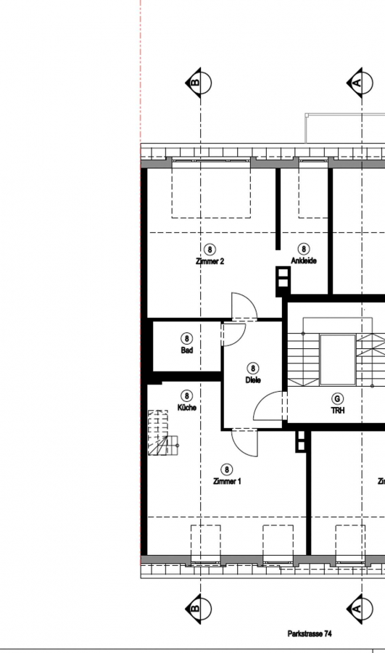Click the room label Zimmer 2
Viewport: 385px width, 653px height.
coord(210,261)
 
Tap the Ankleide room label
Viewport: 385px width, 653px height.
coord(304,260)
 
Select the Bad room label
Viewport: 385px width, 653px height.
coord(187,350)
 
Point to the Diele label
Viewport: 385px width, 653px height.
coord(253,379)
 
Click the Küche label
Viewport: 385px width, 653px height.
coord(187,407)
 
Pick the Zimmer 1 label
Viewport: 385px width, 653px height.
coord(227,482)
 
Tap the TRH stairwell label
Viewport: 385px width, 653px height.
coord(338,411)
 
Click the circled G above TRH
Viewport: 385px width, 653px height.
coord(337,399)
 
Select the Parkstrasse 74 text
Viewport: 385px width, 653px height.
coord(310,633)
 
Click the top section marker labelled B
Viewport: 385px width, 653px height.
coord(199,83)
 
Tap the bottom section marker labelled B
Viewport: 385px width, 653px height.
coord(199,609)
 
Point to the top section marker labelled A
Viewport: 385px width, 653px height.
coord(360,83)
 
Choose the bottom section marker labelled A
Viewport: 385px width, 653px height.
coord(360,609)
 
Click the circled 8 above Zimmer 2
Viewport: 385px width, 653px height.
coord(210,250)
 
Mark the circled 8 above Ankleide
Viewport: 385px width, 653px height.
coord(304,249)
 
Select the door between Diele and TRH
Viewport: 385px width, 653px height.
coord(268,406)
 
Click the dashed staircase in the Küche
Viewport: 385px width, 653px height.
coord(162,432)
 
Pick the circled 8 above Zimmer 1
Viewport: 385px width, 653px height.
coord(227,469)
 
